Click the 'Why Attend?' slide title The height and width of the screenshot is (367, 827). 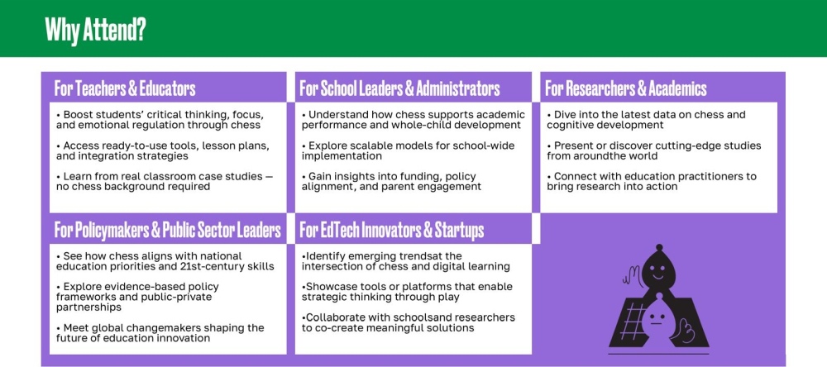(95, 30)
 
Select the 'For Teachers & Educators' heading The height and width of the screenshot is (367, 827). (125, 88)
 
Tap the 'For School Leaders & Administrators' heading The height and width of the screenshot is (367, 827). (399, 88)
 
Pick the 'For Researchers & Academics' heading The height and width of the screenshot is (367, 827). (625, 88)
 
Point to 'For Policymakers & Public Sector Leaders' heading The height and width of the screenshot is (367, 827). (167, 230)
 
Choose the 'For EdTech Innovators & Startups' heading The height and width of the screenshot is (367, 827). (392, 230)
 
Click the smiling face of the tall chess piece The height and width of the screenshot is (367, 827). (657, 272)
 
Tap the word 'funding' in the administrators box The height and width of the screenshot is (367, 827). (419, 177)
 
